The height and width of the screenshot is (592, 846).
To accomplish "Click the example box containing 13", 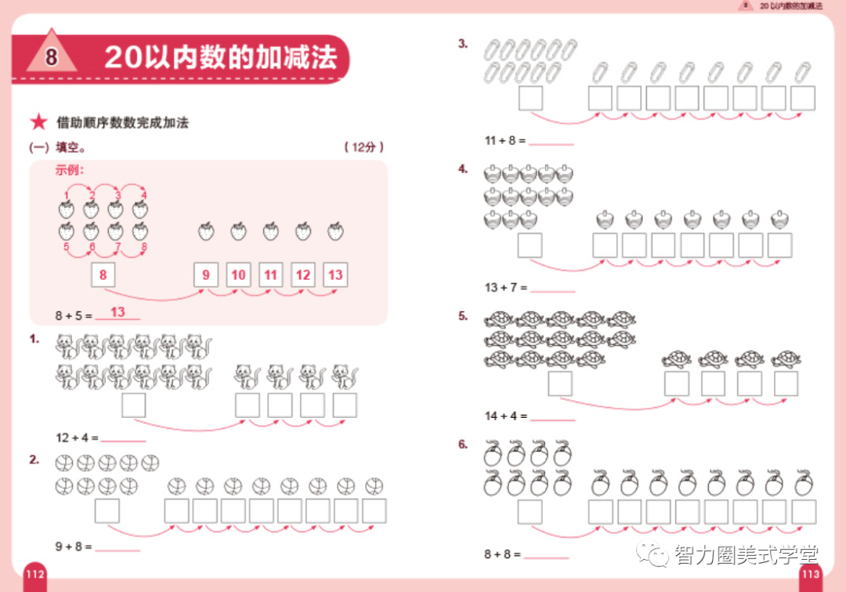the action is tap(335, 274).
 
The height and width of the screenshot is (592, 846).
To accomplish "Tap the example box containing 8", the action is tap(103, 274).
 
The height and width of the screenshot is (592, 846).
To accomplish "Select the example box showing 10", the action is tap(238, 274).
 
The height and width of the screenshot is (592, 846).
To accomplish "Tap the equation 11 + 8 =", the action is tap(505, 141).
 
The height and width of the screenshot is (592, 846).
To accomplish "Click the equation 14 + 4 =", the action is tap(505, 416).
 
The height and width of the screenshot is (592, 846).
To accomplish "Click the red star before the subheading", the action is tap(38, 123).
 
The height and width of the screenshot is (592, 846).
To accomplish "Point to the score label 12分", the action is tap(363, 147).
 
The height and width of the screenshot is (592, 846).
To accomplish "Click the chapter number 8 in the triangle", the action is tap(52, 58).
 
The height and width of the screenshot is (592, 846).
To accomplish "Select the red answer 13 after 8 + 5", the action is tap(117, 312).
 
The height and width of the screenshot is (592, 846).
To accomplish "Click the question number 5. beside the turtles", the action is tap(463, 316).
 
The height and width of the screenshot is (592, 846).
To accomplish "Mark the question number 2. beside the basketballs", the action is tap(34, 459).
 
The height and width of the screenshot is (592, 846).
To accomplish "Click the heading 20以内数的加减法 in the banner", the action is tap(220, 57).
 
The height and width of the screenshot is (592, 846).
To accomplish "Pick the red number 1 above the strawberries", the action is tap(67, 194).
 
